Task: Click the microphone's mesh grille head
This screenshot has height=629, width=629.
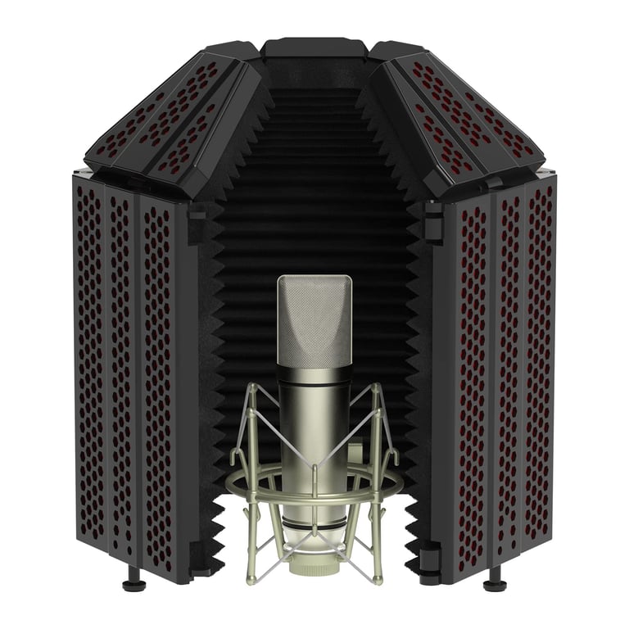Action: pyautogui.click(x=314, y=319)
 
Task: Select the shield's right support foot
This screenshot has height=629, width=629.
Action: pyautogui.click(x=495, y=584)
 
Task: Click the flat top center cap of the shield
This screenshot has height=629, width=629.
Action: pyautogui.click(x=314, y=47)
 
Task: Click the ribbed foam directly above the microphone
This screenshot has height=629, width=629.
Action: pyautogui.click(x=314, y=205)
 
